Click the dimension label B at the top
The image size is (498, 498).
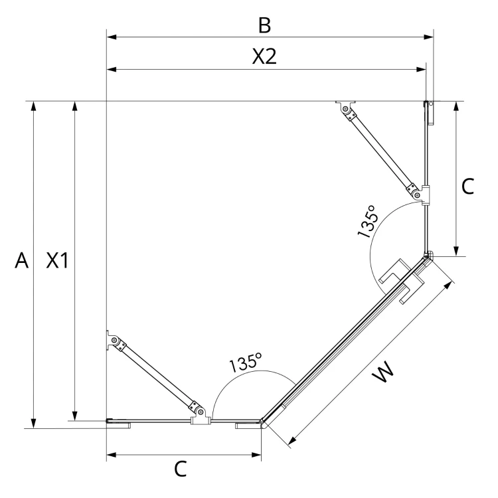(264, 25)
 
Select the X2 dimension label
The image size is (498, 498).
(264, 56)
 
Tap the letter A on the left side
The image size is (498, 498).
(22, 260)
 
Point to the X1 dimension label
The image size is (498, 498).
(57, 260)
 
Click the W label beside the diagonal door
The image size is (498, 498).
(383, 373)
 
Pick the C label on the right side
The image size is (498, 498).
(467, 187)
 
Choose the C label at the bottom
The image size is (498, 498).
(181, 469)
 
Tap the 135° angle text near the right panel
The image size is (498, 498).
(368, 221)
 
